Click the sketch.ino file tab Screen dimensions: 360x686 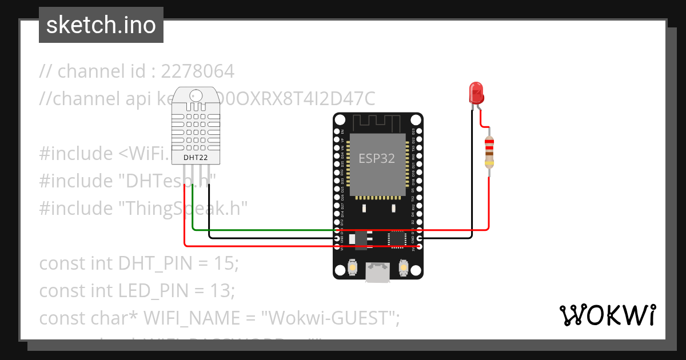click(101, 25)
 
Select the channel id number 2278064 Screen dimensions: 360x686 click(197, 71)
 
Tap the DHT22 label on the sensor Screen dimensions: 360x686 click(196, 157)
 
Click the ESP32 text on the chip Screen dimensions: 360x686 click(377, 159)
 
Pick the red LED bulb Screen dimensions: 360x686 click(476, 91)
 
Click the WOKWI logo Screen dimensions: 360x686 click(607, 315)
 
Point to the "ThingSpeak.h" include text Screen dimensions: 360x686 click(183, 209)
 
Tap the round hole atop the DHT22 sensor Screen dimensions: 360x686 click(196, 95)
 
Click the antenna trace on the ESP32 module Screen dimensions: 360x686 click(378, 122)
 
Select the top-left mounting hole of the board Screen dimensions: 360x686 click(340, 119)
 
